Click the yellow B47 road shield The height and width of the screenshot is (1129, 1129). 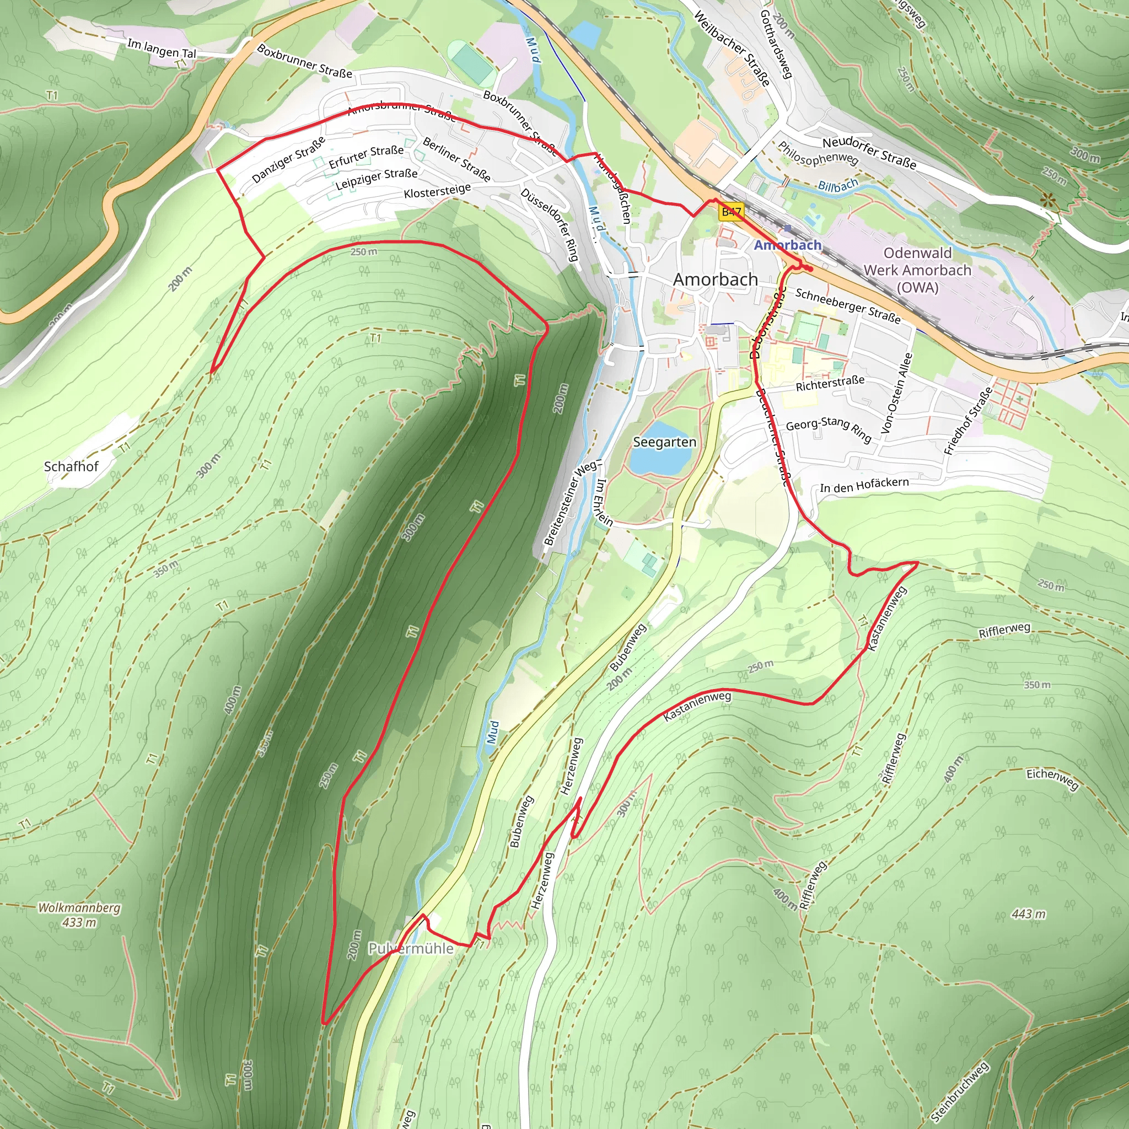(732, 212)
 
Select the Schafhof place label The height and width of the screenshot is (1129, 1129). (71, 466)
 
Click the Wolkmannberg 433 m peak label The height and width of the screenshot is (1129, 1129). (79, 915)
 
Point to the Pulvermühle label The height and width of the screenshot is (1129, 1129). (410, 948)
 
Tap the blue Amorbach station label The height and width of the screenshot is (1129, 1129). (787, 245)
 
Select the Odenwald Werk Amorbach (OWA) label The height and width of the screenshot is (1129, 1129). (917, 270)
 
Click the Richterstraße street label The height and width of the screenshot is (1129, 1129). (830, 383)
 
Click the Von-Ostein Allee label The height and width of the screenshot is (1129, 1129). (896, 393)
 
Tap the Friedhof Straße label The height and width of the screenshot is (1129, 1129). (968, 421)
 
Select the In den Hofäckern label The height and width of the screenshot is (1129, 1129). (864, 485)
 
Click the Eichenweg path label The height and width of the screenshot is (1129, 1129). (1052, 778)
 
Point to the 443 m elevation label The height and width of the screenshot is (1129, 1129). (1029, 914)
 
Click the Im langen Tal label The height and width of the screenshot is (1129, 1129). (162, 49)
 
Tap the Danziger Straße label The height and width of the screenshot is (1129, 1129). (288, 159)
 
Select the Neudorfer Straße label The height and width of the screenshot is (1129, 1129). (869, 153)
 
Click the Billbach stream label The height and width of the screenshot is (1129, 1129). (837, 186)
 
